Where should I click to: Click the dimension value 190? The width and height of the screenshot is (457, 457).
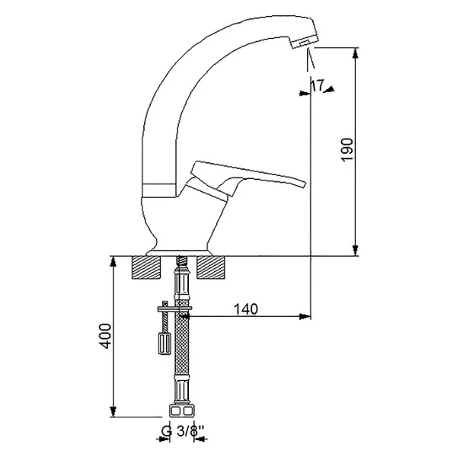tap(347, 149)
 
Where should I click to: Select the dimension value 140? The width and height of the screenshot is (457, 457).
tap(246, 309)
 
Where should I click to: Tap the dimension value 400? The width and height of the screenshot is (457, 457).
tap(105, 335)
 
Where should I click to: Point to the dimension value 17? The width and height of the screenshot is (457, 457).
tap(318, 85)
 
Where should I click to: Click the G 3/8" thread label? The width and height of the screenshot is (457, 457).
tap(182, 431)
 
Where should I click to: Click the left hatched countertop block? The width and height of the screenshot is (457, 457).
tap(146, 267)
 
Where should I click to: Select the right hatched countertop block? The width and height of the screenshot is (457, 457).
tap(211, 267)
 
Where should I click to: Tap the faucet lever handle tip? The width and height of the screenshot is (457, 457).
tap(305, 184)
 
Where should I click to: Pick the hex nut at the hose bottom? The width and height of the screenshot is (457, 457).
tap(182, 411)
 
